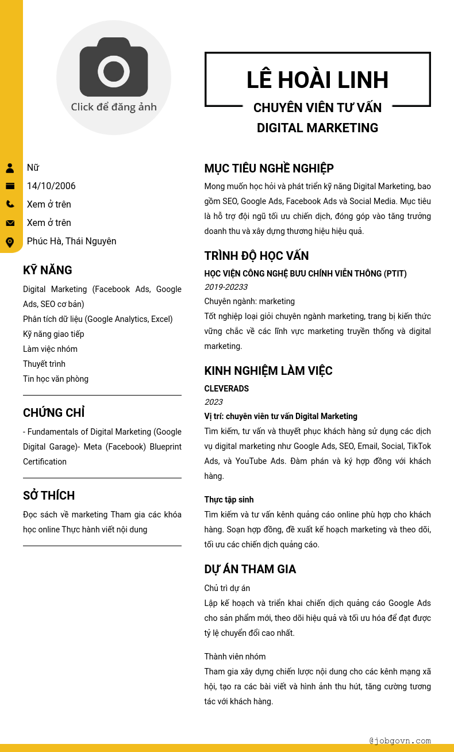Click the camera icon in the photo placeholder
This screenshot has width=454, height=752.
click(x=114, y=67)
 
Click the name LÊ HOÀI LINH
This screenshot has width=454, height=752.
click(x=317, y=80)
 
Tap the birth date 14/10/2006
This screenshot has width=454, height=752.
click(x=51, y=186)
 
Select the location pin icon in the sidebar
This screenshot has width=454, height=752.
click(x=10, y=242)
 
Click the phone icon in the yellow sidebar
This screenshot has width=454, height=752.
click(x=10, y=204)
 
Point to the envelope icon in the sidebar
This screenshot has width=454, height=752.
click(x=10, y=223)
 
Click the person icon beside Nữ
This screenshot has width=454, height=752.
click(x=10, y=168)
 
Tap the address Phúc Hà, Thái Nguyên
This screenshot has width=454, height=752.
click(x=71, y=241)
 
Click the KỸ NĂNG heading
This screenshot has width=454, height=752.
click(x=48, y=270)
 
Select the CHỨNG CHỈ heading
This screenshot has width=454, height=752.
click(x=53, y=413)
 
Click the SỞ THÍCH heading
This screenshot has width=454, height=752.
click(x=49, y=496)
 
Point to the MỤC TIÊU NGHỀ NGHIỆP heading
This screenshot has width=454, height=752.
click(x=269, y=168)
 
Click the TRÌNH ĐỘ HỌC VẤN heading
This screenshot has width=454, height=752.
click(x=256, y=256)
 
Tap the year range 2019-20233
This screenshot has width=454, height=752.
click(x=226, y=287)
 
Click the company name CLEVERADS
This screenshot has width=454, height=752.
click(x=226, y=389)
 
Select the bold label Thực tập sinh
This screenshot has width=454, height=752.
click(x=229, y=500)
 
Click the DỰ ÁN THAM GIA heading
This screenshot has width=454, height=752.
click(x=250, y=569)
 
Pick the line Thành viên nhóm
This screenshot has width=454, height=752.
click(x=235, y=657)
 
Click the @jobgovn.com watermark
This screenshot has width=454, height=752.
click(x=400, y=741)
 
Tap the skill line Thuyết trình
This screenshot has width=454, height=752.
click(x=44, y=364)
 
